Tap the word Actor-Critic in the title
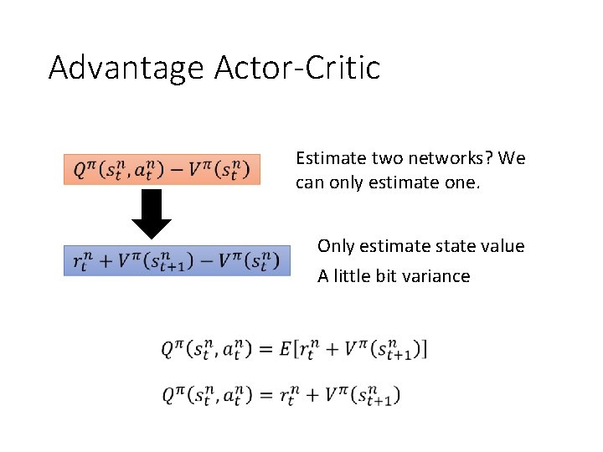[x=297, y=67]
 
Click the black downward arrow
[x=151, y=214]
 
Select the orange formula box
[x=162, y=169]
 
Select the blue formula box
[x=176, y=261]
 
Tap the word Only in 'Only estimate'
[x=336, y=246]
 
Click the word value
[x=502, y=246]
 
